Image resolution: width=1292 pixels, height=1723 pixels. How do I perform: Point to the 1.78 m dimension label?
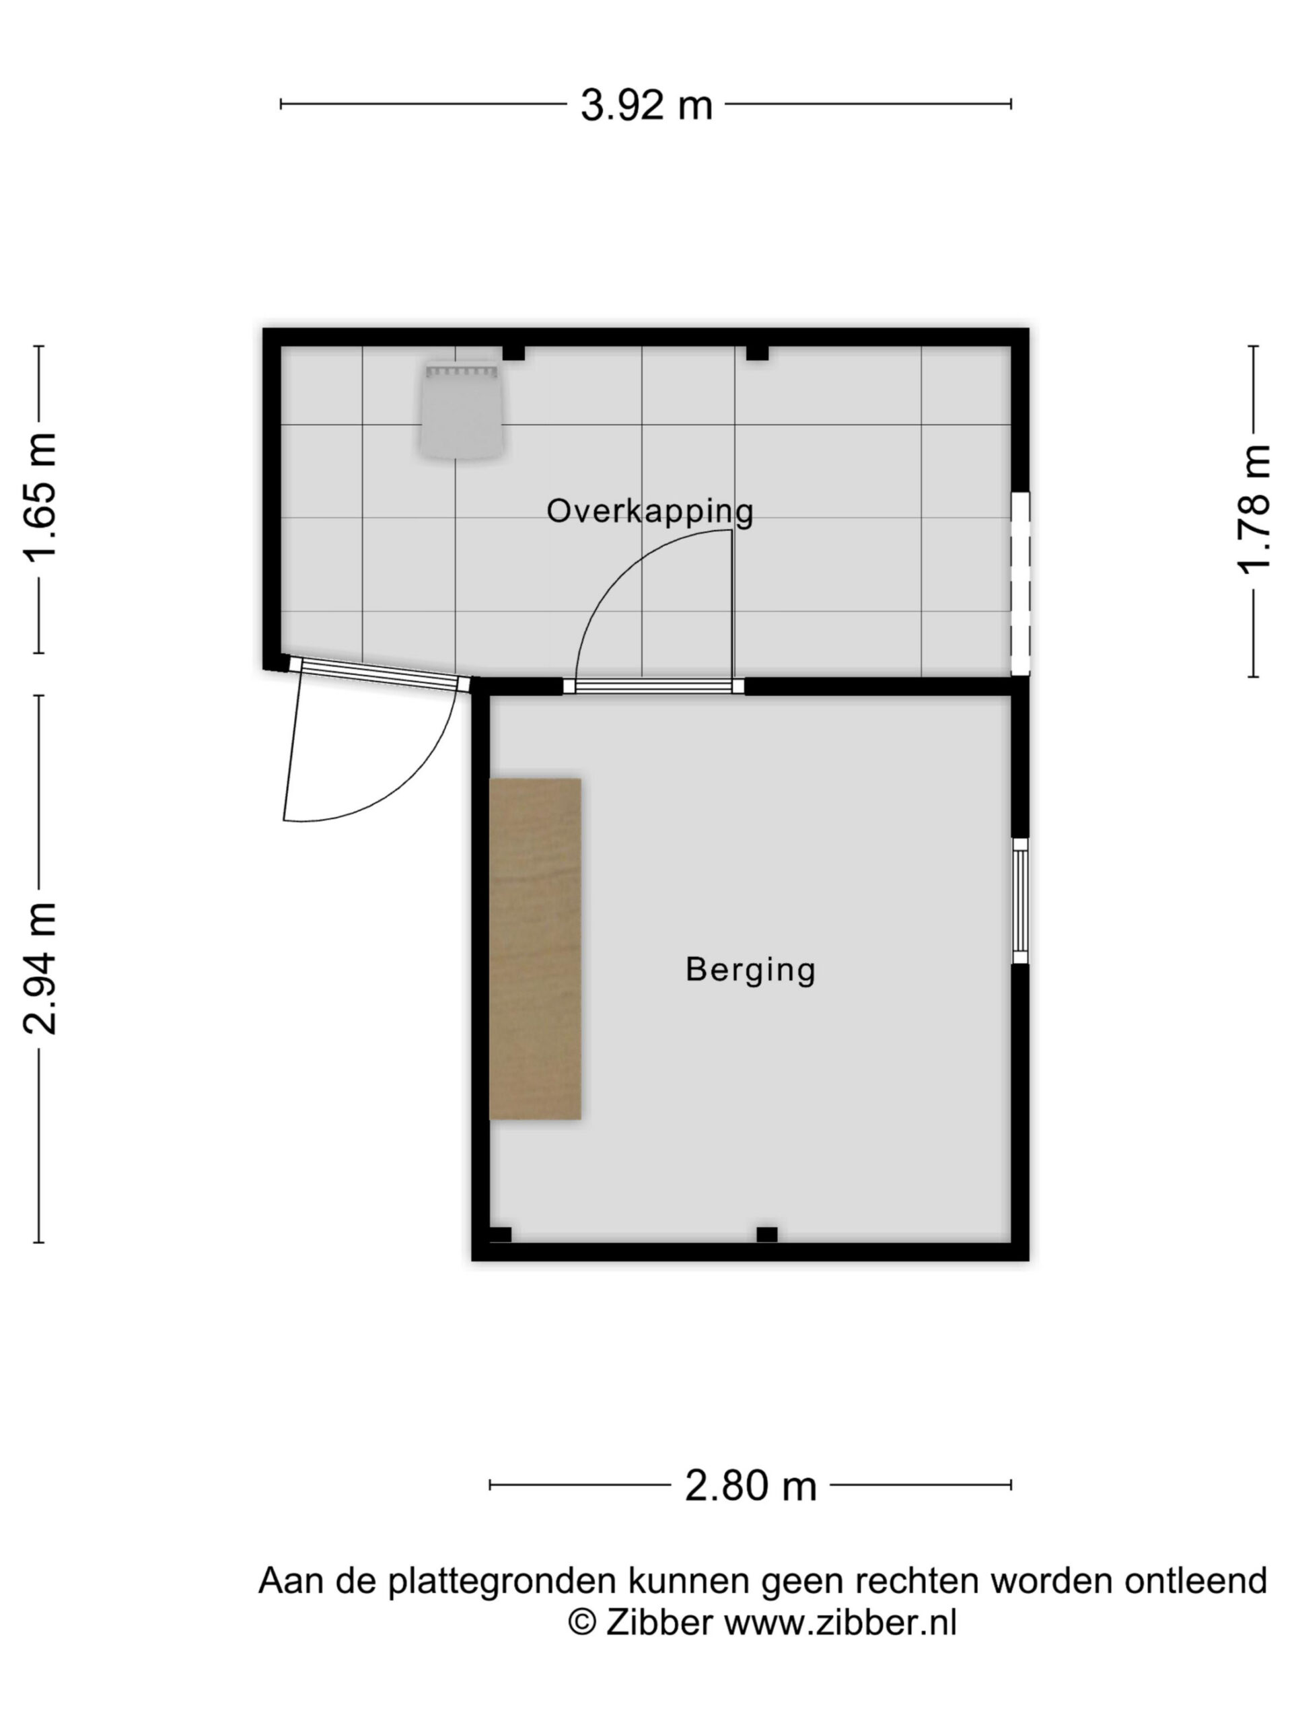coord(1254,509)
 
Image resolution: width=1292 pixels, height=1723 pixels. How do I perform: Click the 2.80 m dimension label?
coord(751,1485)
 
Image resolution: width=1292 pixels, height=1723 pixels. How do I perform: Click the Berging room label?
coord(750,970)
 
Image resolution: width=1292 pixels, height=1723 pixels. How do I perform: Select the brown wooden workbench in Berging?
coord(535,949)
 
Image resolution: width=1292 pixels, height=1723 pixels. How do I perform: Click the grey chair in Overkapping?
coord(462,409)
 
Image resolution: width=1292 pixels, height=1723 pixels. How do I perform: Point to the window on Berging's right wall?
coord(1019,901)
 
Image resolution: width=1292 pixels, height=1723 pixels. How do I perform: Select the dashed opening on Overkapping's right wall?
coord(1020,584)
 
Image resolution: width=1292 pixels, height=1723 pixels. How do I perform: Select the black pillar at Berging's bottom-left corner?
coord(500,1234)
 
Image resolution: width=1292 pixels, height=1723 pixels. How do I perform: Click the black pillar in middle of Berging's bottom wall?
coord(767,1234)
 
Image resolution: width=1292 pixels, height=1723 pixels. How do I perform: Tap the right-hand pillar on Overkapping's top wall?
coord(757,353)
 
